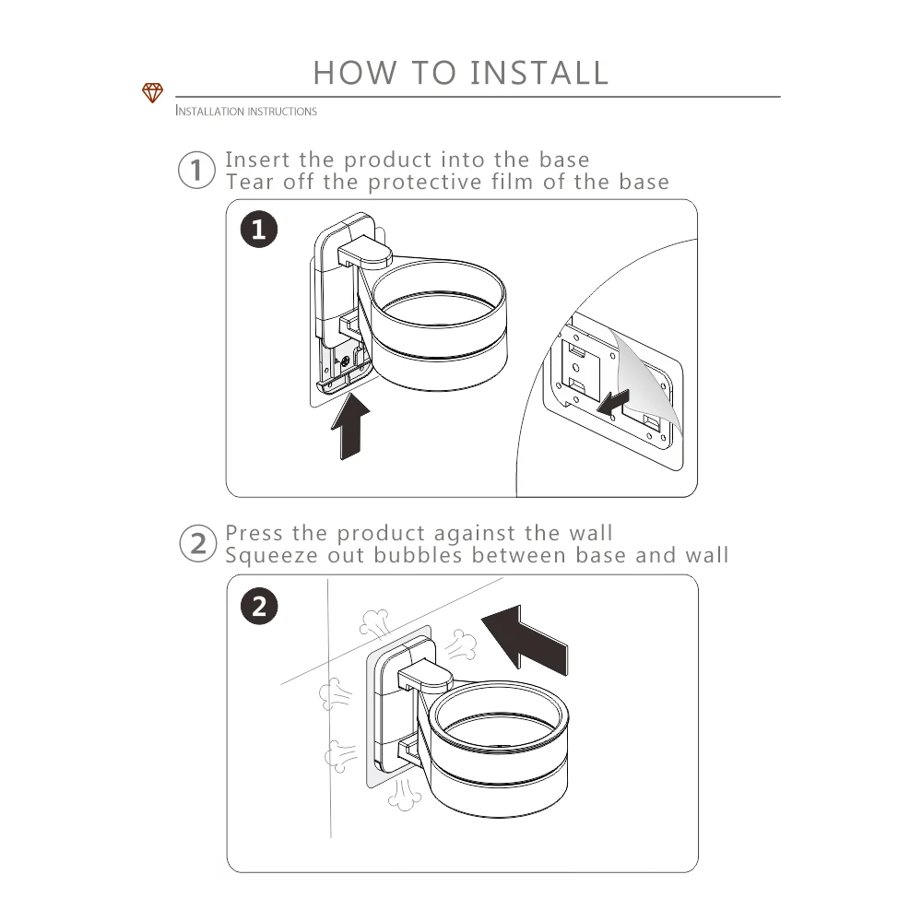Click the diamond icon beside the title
coord(152,92)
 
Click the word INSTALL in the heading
coord(539,73)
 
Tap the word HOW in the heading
coord(355,73)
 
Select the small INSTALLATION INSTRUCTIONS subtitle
coord(246,111)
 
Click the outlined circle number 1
coord(196,170)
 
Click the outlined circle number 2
coord(197,543)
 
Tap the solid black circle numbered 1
coord(259,229)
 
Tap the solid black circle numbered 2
coord(259,606)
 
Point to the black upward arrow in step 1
coord(350,426)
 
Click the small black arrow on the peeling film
coord(613,402)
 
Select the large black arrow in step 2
coord(525,638)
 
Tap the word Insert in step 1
coord(257,160)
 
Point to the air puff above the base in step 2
coord(374,624)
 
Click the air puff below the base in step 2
coord(404,794)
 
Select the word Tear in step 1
coord(250,183)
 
